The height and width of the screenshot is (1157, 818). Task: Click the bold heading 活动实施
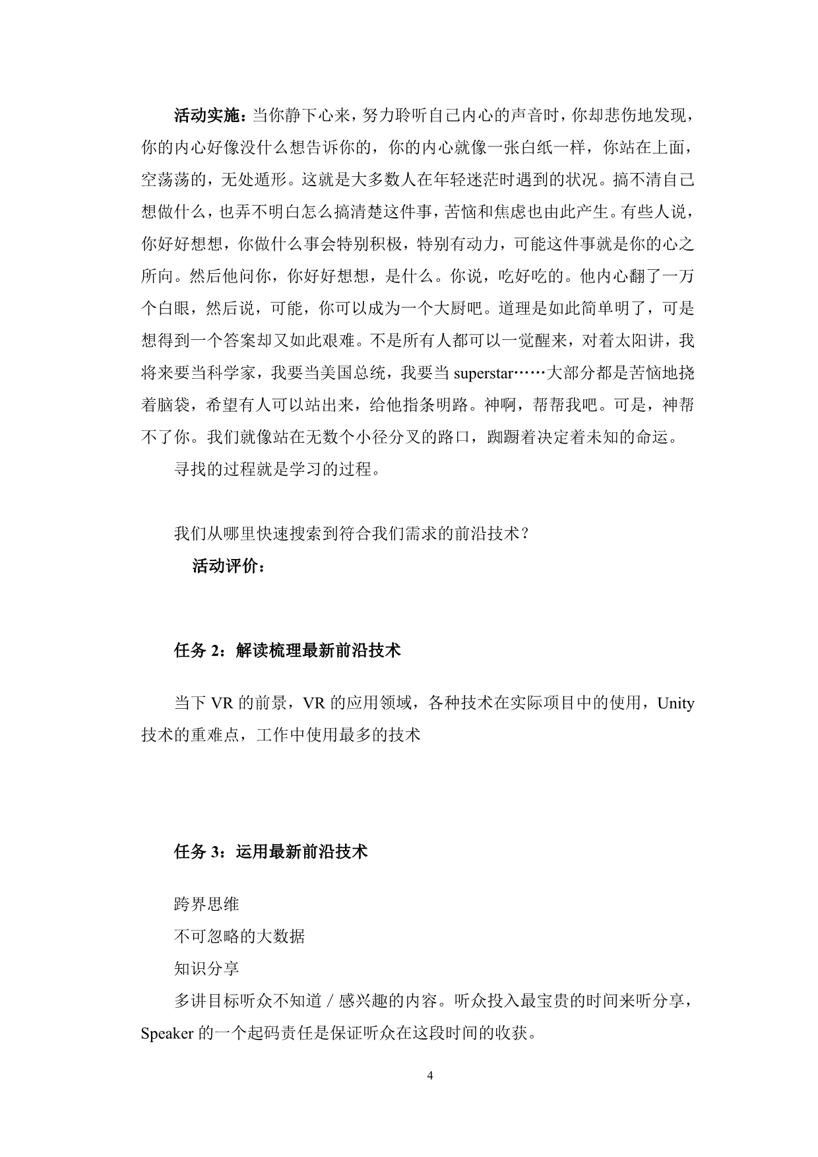click(206, 116)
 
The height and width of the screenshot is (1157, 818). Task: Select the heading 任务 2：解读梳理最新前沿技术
click(288, 651)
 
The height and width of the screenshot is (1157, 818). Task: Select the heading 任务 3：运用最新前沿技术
click(271, 852)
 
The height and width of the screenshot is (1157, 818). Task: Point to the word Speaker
click(166, 1034)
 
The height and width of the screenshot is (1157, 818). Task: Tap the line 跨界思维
click(206, 904)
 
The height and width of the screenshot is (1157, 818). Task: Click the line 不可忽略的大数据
click(239, 937)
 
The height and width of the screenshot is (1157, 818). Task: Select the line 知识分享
click(206, 969)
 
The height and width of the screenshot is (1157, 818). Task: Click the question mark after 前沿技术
click(524, 534)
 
